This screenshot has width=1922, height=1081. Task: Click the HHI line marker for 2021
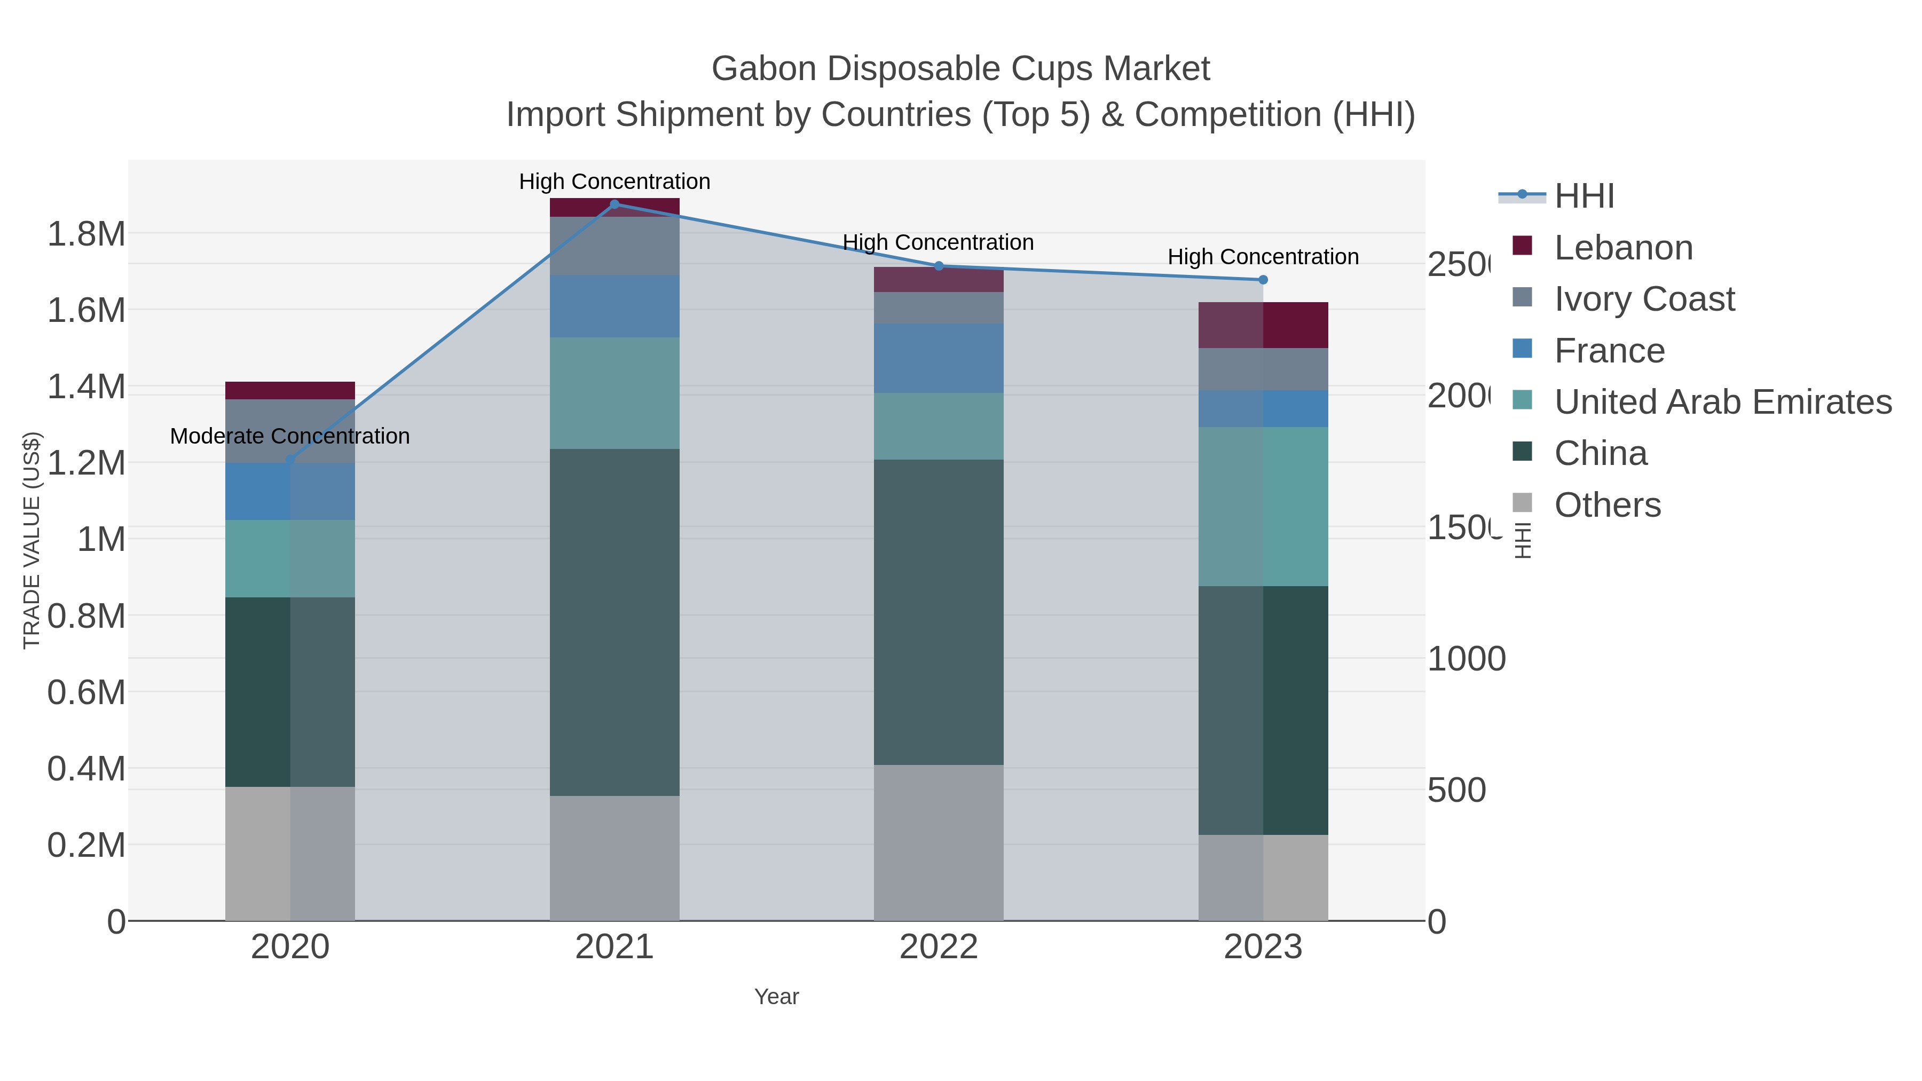(x=615, y=204)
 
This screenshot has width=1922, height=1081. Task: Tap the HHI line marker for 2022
(x=939, y=266)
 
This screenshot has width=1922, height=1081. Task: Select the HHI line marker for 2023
(x=1263, y=280)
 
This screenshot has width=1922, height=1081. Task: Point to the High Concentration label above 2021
(x=615, y=182)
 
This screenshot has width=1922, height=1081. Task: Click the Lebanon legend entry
(x=1624, y=248)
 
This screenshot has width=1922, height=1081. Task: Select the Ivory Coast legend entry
(x=1644, y=299)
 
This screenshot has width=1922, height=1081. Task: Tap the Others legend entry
(x=1607, y=505)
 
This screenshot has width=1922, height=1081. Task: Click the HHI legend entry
(x=1584, y=196)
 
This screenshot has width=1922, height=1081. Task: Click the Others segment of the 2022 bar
(x=939, y=842)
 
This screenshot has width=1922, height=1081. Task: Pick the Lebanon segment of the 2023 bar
(x=1263, y=325)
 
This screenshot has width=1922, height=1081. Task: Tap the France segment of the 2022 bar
(x=939, y=358)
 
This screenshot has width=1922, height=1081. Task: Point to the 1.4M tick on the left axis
(x=86, y=387)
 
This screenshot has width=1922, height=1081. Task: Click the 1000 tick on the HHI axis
(x=1466, y=659)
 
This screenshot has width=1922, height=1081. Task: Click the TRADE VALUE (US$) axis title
(x=31, y=540)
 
